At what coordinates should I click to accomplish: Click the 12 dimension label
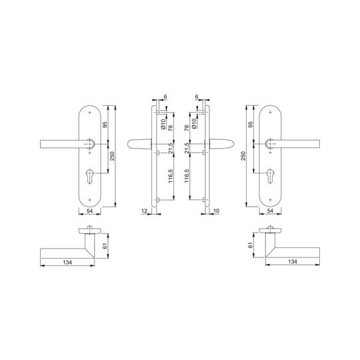(x=145, y=211)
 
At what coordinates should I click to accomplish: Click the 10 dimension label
(x=216, y=211)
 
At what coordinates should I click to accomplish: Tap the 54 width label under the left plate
(x=89, y=211)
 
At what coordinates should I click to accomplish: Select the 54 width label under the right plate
(x=270, y=211)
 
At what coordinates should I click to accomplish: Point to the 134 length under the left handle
(x=67, y=262)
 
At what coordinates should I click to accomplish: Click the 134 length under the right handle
(x=293, y=261)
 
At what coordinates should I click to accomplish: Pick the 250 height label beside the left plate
(x=112, y=156)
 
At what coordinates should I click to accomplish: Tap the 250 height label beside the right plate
(x=243, y=156)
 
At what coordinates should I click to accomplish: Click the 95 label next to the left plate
(x=105, y=125)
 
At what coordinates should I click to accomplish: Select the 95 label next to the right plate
(x=251, y=125)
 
